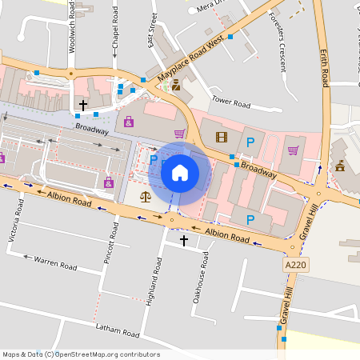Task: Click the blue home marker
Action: click(180, 172)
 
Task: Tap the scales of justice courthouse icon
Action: click(145, 196)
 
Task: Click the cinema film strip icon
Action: click(222, 137)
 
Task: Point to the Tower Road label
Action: click(230, 104)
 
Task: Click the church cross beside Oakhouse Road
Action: click(183, 240)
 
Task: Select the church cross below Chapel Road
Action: click(83, 105)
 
